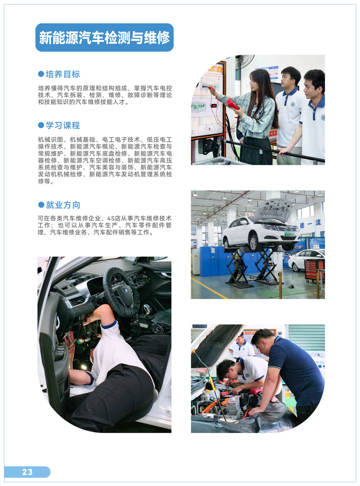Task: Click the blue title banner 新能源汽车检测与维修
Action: [x=105, y=38]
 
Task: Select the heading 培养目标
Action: [x=63, y=75]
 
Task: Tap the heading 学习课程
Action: [x=63, y=125]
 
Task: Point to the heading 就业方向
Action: [x=63, y=205]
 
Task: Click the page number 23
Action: [x=27, y=472]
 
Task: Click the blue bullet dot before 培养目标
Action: [x=41, y=74]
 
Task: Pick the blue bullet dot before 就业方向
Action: [x=41, y=205]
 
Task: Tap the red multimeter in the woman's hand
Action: [x=233, y=104]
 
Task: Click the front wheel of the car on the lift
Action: [x=254, y=243]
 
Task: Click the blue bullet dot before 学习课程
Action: [x=41, y=125]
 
